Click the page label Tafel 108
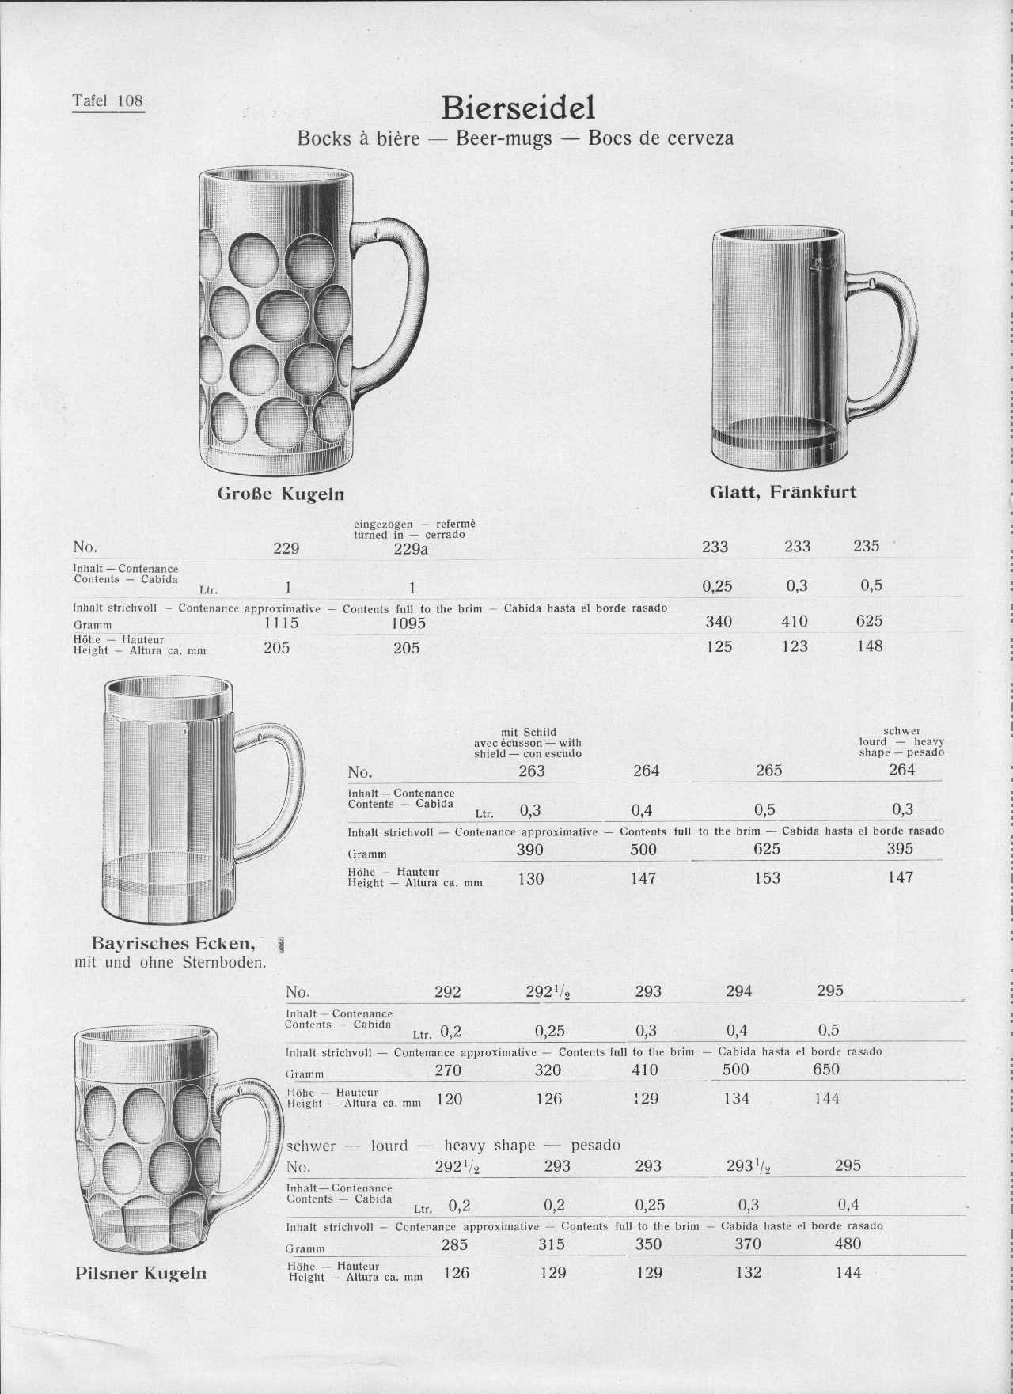click(108, 100)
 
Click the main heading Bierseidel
click(518, 107)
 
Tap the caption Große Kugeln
click(281, 494)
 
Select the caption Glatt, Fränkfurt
click(783, 492)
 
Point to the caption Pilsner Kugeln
click(141, 1273)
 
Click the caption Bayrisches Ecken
click(173, 943)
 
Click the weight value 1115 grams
click(281, 623)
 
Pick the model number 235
click(867, 546)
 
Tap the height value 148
click(870, 646)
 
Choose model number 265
click(768, 771)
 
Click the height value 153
click(767, 878)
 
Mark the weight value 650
click(826, 1070)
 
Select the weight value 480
click(848, 1244)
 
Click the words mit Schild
click(529, 733)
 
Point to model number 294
click(738, 991)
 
